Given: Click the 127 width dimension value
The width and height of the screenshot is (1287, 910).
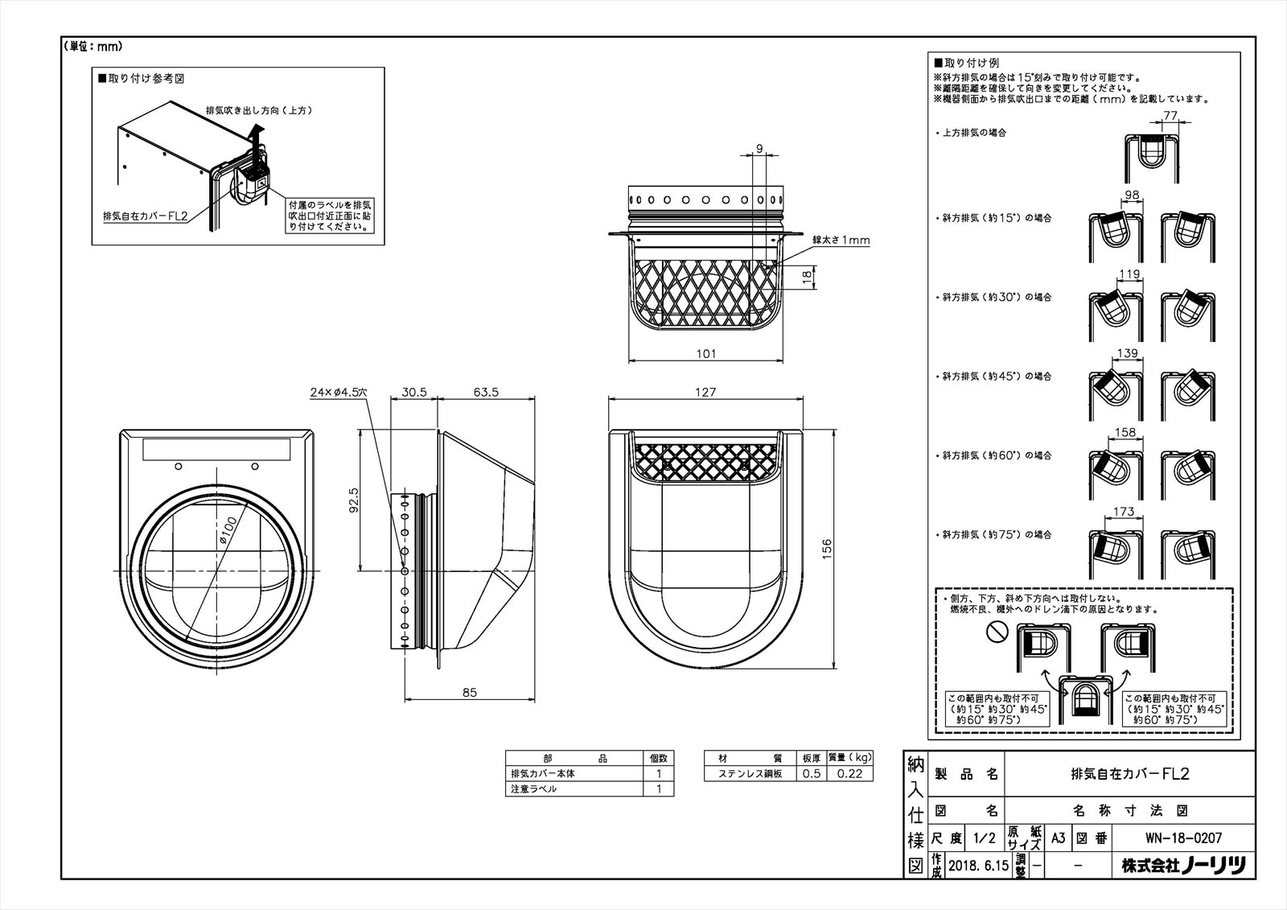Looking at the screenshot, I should tap(705, 393).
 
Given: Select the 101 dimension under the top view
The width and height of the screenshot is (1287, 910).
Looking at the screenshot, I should tap(705, 353).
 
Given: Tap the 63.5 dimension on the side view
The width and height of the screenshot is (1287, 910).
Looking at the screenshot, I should tap(487, 393).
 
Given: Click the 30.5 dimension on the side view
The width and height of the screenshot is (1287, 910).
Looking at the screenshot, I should tap(413, 393).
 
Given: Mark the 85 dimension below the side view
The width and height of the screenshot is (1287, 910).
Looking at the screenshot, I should tap(470, 692).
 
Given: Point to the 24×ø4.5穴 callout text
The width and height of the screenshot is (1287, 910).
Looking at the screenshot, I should tap(338, 392).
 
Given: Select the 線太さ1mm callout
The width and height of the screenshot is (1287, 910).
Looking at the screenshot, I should tap(841, 240).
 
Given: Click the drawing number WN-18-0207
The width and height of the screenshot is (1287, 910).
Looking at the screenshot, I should tap(1182, 838).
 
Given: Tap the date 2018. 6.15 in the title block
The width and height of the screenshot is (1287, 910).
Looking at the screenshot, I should tap(977, 867).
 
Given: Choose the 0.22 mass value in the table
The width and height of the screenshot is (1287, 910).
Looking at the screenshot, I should tap(849, 774).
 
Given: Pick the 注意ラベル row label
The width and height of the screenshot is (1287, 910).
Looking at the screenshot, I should tap(533, 789).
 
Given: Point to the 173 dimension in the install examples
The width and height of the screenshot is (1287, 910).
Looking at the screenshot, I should tap(1125, 512).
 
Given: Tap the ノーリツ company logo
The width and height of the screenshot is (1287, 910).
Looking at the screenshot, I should tap(1212, 867).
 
